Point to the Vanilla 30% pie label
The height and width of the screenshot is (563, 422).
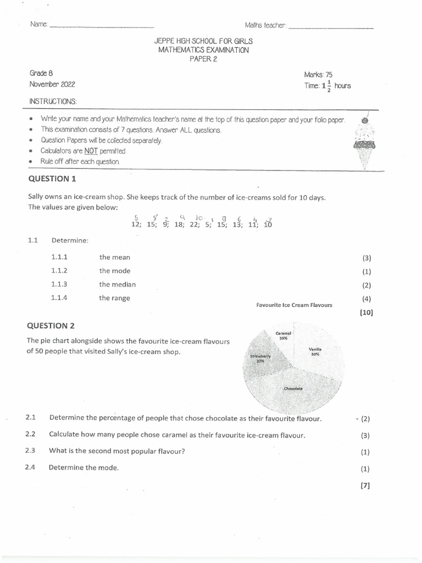pyautogui.click(x=315, y=352)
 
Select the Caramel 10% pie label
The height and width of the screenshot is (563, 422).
pyautogui.click(x=284, y=335)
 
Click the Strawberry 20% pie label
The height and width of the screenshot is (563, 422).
pyautogui.click(x=260, y=358)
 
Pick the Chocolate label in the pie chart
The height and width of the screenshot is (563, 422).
pyautogui.click(x=293, y=389)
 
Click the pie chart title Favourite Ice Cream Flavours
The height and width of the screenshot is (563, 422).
pyautogui.click(x=294, y=305)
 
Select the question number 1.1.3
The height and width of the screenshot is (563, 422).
pyautogui.click(x=59, y=284)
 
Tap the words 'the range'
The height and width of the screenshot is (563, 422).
pyautogui.click(x=114, y=298)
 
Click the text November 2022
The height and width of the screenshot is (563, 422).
pyautogui.click(x=52, y=85)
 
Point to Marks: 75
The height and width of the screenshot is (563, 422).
pyautogui.click(x=318, y=75)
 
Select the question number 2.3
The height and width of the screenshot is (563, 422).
pyautogui.click(x=30, y=451)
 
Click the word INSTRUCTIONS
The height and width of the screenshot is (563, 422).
pyautogui.click(x=53, y=102)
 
